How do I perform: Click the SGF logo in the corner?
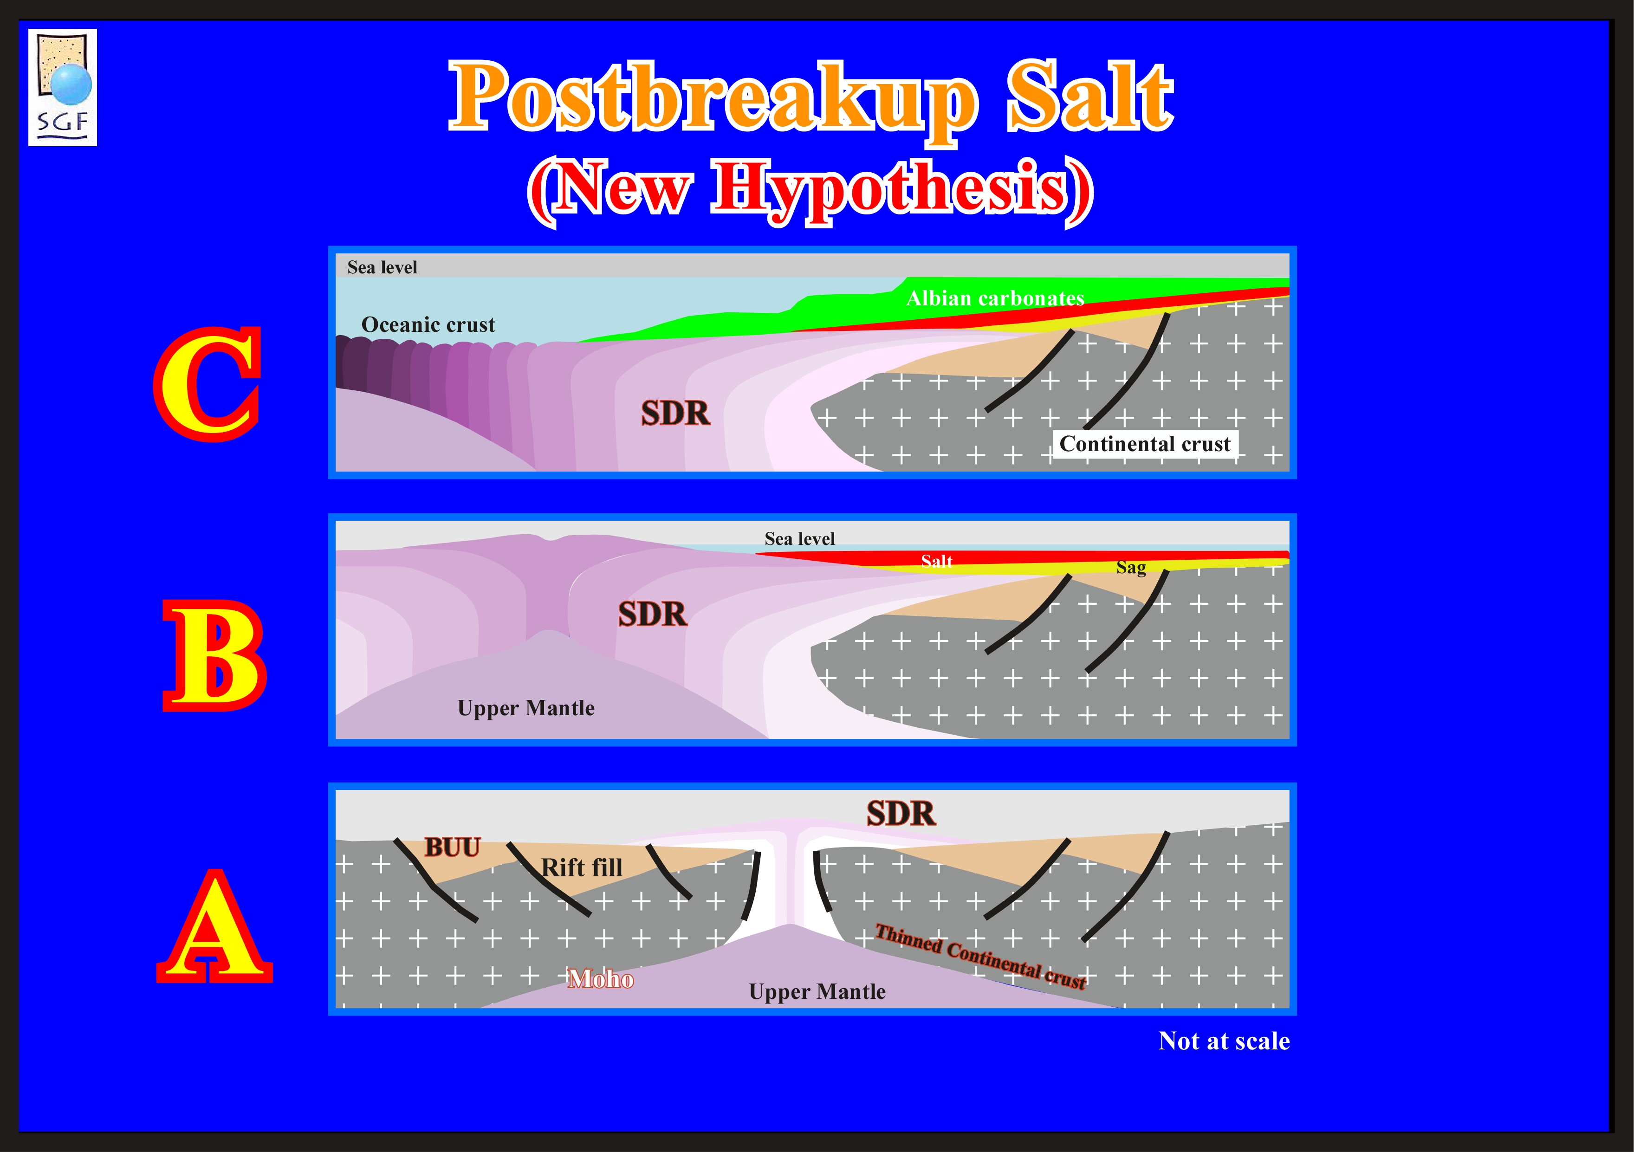click(x=63, y=88)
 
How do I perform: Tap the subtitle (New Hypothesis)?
click(x=810, y=190)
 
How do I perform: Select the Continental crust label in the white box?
click(x=1145, y=444)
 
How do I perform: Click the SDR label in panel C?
click(x=675, y=414)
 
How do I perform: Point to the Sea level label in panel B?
click(x=799, y=539)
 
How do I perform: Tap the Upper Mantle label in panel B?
click(x=526, y=708)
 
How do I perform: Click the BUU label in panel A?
click(x=453, y=848)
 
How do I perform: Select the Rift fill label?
click(x=582, y=868)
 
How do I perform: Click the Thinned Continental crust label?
click(x=981, y=956)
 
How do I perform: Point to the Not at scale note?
click(x=1224, y=1041)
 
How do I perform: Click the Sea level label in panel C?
click(x=382, y=267)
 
